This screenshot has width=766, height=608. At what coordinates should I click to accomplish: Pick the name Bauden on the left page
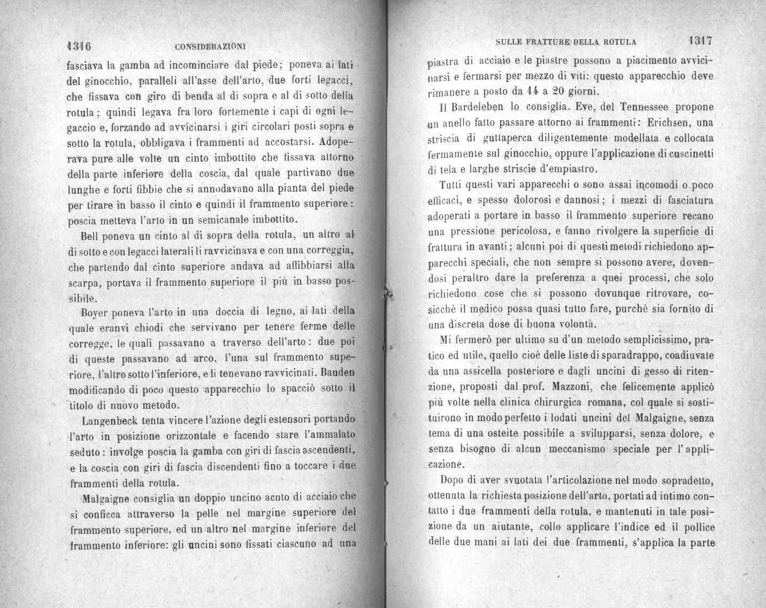[x=340, y=371]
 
